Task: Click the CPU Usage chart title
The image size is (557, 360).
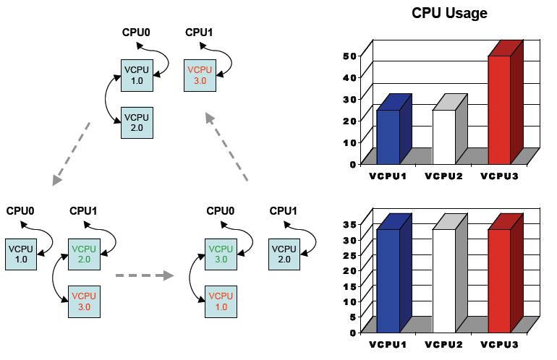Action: pos(449,13)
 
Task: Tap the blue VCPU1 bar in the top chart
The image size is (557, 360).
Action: pos(388,136)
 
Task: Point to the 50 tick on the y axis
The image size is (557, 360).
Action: pos(349,56)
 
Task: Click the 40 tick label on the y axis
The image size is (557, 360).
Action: pos(349,77)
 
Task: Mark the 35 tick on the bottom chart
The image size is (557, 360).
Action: pos(349,224)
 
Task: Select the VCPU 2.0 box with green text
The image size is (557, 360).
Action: pos(83,254)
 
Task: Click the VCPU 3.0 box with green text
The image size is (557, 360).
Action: pos(220,254)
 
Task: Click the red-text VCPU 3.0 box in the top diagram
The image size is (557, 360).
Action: pos(200,75)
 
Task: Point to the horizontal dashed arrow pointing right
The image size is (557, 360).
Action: pos(145,275)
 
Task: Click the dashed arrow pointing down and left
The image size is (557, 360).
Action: pos(72,153)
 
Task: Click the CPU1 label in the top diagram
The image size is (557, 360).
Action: pos(199,32)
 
